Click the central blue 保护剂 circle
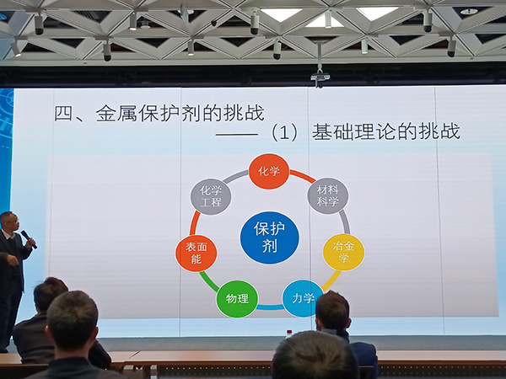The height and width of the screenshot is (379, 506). [x=270, y=238]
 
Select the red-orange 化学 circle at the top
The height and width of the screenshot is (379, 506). [x=269, y=171]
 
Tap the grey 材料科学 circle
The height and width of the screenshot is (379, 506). [x=328, y=195]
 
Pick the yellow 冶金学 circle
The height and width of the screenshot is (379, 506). [x=344, y=252]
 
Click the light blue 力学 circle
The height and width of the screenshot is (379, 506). [x=303, y=298]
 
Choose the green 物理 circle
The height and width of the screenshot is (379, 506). [x=237, y=299]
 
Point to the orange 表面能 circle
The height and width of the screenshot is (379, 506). [x=196, y=253]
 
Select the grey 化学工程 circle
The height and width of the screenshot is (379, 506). [x=211, y=196]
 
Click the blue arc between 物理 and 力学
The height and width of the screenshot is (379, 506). [x=270, y=307]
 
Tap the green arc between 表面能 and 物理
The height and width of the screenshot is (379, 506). [x=208, y=281]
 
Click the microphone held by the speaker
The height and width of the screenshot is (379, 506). [x=29, y=239]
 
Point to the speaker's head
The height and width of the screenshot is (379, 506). [x=9, y=222]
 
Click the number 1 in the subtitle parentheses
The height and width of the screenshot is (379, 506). [x=284, y=133]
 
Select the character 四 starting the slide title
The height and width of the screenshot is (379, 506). [x=63, y=114]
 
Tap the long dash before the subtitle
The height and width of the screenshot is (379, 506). [x=236, y=135]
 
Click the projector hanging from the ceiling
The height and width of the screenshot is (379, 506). [x=320, y=77]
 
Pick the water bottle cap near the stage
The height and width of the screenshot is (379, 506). [x=289, y=332]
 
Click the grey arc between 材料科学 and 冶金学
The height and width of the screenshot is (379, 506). [x=345, y=222]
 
